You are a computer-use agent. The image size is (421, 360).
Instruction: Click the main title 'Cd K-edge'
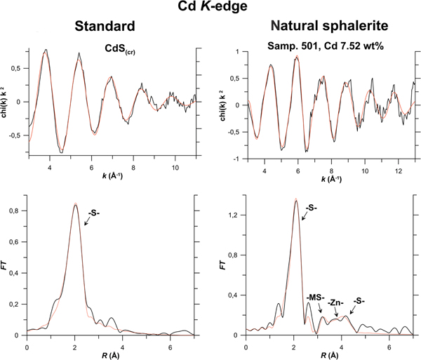tap(210, 9)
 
